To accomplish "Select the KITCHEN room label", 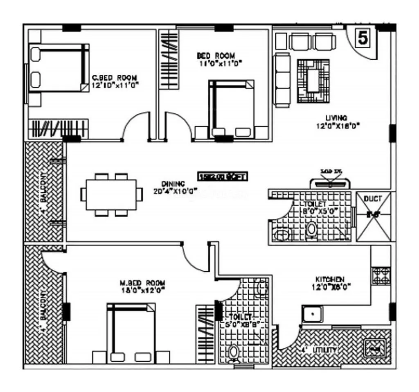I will pyautogui.click(x=329, y=279).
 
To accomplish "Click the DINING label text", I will pyautogui.click(x=173, y=184).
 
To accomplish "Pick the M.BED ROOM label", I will pyautogui.click(x=142, y=283).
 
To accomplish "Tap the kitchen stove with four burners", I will pyautogui.click(x=381, y=275).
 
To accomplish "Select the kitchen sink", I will pyautogui.click(x=312, y=315).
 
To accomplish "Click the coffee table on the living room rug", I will pyautogui.click(x=313, y=80).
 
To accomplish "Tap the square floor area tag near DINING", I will pyautogui.click(x=223, y=177).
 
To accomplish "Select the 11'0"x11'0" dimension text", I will pyautogui.click(x=220, y=63).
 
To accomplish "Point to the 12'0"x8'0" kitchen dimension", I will pyautogui.click(x=334, y=286).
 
